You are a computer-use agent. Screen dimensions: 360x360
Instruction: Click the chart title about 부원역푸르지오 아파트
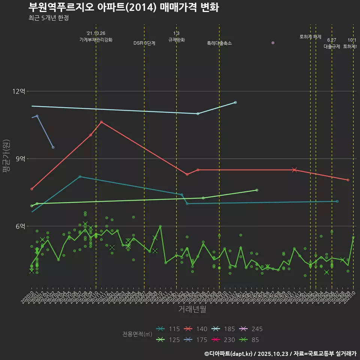click(124, 7)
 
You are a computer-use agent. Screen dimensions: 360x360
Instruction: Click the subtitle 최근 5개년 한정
click(48, 18)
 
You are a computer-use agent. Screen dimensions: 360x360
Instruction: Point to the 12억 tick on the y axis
click(18, 91)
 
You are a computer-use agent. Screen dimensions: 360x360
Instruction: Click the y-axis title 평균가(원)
click(6, 156)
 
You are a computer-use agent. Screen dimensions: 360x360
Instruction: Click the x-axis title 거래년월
click(192, 309)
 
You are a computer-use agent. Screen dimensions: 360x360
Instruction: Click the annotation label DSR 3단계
click(144, 43)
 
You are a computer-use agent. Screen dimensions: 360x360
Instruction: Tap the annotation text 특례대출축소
click(219, 43)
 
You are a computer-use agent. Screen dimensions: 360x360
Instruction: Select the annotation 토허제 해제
click(310, 37)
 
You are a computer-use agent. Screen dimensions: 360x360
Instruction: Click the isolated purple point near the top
click(273, 43)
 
